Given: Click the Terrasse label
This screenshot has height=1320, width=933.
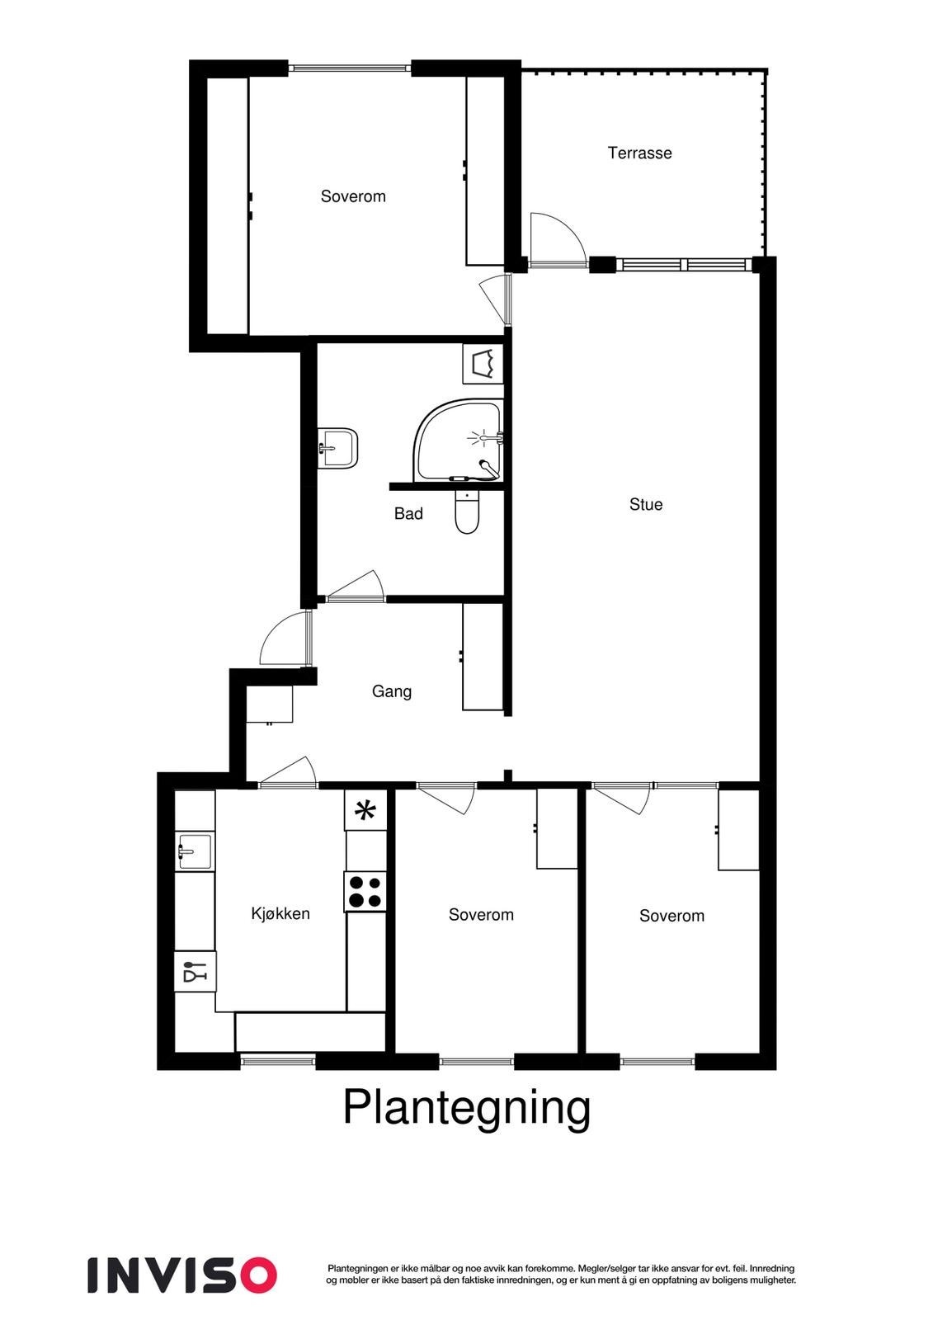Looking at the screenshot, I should click(x=639, y=153).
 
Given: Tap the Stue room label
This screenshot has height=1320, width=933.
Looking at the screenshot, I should click(x=645, y=504).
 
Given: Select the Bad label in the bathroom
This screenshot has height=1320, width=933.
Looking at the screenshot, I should click(x=408, y=513).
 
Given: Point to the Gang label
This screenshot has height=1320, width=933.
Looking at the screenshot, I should click(x=391, y=691).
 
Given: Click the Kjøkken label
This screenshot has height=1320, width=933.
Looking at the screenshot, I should click(x=280, y=913).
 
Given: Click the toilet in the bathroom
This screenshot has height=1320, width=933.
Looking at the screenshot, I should click(x=467, y=512).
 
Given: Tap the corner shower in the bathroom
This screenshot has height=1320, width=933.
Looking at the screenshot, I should click(x=459, y=441).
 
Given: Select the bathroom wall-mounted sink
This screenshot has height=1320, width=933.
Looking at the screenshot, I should click(x=339, y=448).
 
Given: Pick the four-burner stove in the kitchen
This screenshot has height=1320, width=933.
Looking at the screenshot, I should click(x=365, y=891).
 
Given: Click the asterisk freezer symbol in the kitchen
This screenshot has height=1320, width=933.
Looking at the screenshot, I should click(x=365, y=810).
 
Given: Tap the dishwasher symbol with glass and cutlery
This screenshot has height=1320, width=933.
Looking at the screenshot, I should click(x=195, y=971).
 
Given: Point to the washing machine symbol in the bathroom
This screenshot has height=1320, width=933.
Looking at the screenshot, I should click(x=483, y=363).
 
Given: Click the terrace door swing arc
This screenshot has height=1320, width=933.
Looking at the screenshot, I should click(x=558, y=238).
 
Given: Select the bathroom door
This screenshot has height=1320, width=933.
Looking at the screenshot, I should click(x=356, y=587).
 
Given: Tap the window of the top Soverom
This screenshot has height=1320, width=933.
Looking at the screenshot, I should click(x=350, y=68).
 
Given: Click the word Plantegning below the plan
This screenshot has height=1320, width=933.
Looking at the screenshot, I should click(x=466, y=1107).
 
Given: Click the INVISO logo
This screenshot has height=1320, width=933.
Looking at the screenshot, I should click(x=181, y=1275).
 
